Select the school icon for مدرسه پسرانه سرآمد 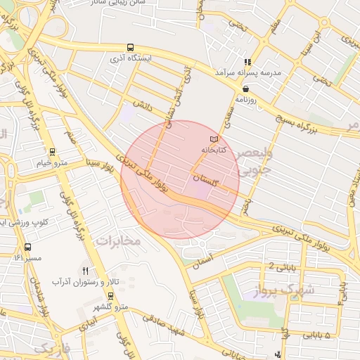point(247,62)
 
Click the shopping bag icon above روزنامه point(245,89)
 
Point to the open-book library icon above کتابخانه point(214,139)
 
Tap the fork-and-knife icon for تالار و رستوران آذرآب point(86,271)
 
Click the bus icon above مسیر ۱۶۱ point(27,247)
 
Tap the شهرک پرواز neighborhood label point(290,290)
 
